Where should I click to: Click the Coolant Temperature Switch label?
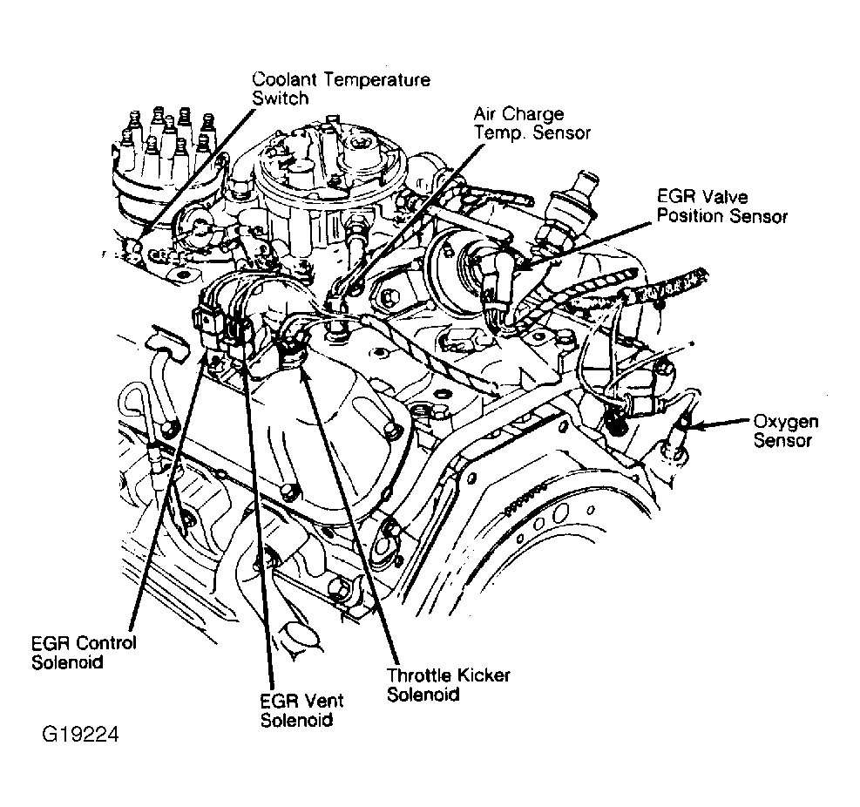pos(340,89)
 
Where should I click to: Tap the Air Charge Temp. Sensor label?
pos(532,124)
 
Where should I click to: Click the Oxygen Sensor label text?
pos(785,431)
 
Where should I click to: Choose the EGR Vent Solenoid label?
pos(301,709)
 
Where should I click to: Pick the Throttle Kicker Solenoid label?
pos(448,684)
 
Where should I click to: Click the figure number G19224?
pos(80,735)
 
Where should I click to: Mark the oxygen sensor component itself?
pos(678,436)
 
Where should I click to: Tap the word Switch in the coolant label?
pos(280,98)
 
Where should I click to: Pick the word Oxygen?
pos(785,422)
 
